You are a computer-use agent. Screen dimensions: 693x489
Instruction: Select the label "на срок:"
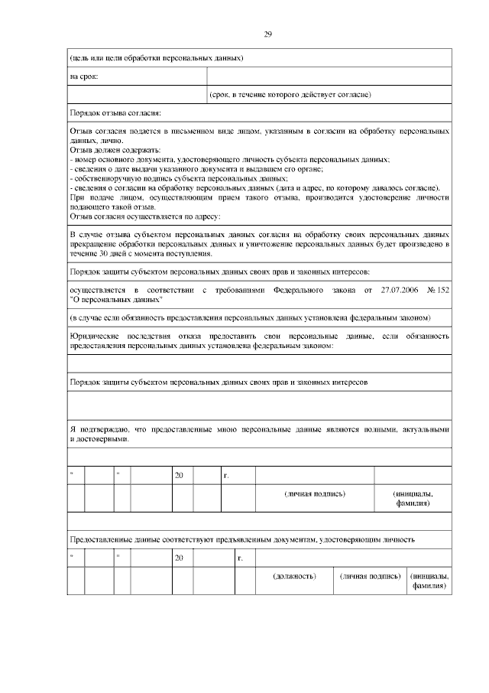(x=83, y=76)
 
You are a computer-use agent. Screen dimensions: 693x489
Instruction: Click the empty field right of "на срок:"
(x=329, y=76)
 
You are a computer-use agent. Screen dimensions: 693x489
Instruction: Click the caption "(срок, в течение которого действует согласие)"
(x=290, y=95)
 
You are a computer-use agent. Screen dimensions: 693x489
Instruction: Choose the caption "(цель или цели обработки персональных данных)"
(x=157, y=57)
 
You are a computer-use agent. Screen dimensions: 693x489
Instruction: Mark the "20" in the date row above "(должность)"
(x=180, y=558)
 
